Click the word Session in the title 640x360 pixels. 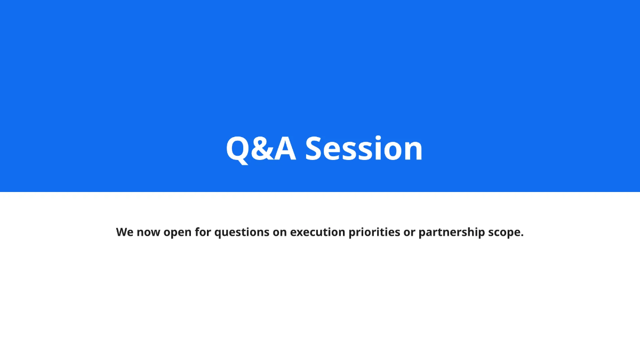pos(364,149)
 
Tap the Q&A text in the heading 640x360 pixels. pos(261,149)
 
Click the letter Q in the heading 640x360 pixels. pos(237,149)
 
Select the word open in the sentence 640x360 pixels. pos(178,233)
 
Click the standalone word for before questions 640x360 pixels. pos(203,233)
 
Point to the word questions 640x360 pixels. pos(241,233)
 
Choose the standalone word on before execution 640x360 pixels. pos(280,233)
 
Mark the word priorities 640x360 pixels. pos(374,233)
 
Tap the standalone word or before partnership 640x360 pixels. pos(409,233)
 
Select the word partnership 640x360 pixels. pos(451,233)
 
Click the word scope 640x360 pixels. pos(504,233)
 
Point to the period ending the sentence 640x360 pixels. pos(522,236)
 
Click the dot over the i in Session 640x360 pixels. pos(377,137)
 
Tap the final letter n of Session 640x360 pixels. pos(413,151)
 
